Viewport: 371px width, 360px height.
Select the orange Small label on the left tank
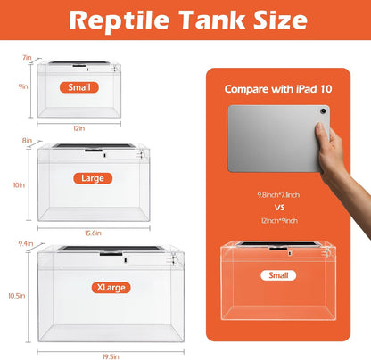pos(78,87)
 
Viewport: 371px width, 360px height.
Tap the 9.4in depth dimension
pos(26,242)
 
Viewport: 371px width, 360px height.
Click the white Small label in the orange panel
pos(277,275)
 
